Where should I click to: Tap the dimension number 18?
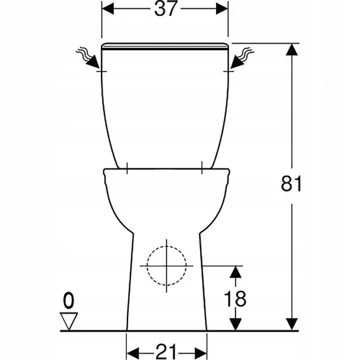(235, 298)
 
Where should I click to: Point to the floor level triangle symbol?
(70, 321)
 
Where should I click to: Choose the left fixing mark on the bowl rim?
(128, 169)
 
